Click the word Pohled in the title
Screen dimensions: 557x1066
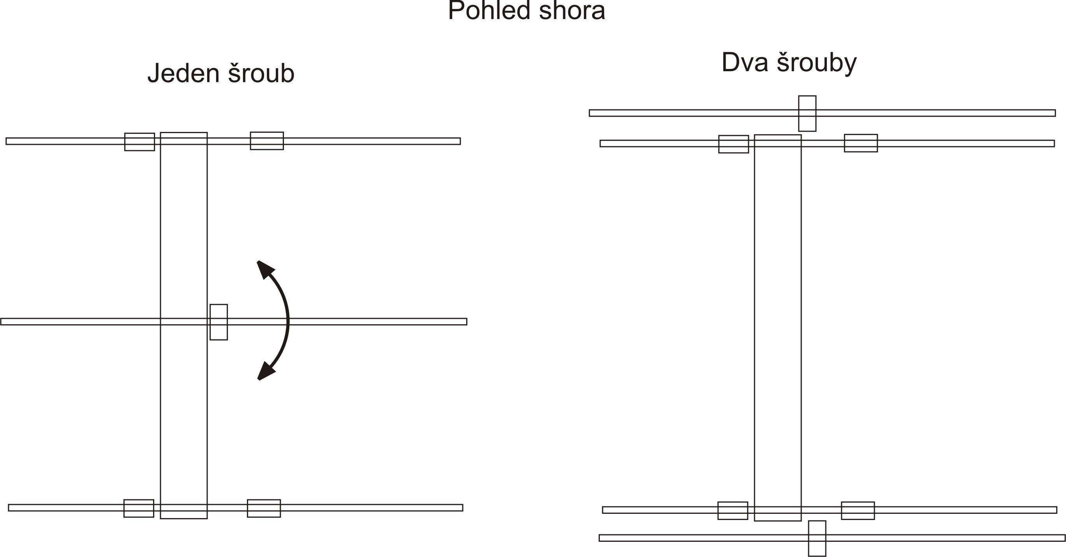point(489,11)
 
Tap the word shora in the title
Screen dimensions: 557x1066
point(572,11)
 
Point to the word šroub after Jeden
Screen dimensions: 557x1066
point(261,74)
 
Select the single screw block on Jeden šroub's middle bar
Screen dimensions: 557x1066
point(218,322)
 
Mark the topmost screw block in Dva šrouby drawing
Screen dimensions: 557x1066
point(807,114)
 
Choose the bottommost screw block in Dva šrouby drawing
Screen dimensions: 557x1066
point(817,538)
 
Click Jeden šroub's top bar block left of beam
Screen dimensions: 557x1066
point(139,142)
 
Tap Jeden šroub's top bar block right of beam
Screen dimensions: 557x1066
point(266,141)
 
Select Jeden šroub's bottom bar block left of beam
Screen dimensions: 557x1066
point(139,508)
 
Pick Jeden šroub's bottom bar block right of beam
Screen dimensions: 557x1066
point(264,508)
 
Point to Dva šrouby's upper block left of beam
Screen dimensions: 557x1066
point(733,144)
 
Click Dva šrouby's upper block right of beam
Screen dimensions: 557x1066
point(861,143)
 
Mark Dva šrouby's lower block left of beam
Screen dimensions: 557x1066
point(733,511)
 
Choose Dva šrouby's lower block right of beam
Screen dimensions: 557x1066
point(858,511)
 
